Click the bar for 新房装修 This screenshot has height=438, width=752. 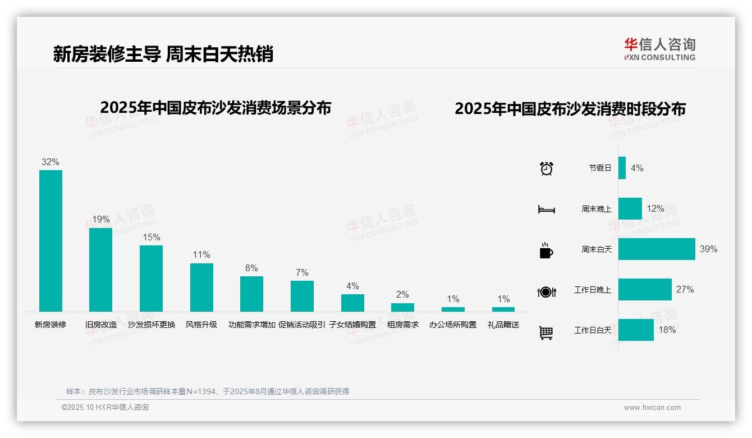click(51, 241)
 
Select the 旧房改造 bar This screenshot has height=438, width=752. click(101, 270)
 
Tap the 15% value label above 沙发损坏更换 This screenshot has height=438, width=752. click(152, 238)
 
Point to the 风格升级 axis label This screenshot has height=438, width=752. click(201, 325)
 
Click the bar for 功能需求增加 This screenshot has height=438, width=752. click(251, 294)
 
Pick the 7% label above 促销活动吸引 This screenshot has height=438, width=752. click(302, 273)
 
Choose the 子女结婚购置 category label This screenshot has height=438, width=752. click(352, 325)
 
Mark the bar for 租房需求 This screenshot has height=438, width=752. click(402, 307)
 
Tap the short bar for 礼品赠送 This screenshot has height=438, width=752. click(503, 309)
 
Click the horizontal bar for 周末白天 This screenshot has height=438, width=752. click(657, 249)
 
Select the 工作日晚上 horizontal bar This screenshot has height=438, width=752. click(645, 290)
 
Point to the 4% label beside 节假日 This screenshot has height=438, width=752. click(637, 168)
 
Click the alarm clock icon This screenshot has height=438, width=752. click(547, 168)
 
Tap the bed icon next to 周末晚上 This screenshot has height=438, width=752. click(547, 209)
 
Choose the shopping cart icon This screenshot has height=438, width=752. click(546, 332)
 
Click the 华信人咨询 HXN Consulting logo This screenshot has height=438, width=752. click(659, 49)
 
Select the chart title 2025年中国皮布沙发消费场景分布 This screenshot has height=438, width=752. click(215, 108)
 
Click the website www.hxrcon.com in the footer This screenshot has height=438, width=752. click(652, 408)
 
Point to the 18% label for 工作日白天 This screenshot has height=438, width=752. click(667, 330)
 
